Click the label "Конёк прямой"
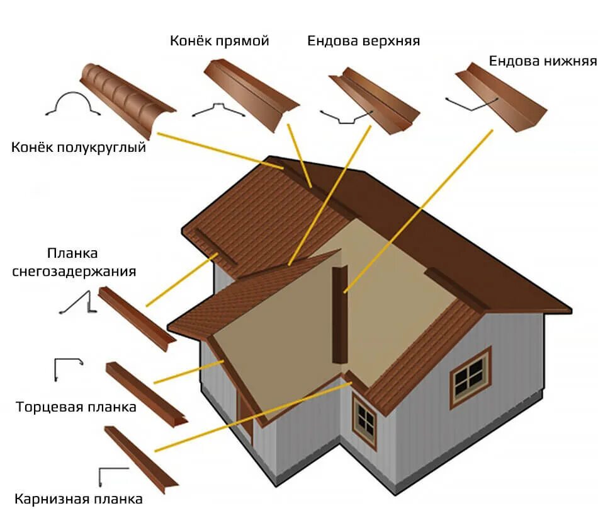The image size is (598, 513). pyautogui.click(x=219, y=42)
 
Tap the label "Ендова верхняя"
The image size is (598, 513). pyautogui.click(x=363, y=42)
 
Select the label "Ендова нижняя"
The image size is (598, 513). pyautogui.click(x=543, y=62)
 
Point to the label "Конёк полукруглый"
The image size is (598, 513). pyautogui.click(x=79, y=147)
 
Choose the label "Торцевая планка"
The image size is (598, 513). pyautogui.click(x=76, y=406)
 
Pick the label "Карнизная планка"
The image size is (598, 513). pyautogui.click(x=79, y=499)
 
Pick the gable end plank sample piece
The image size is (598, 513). pyautogui.click(x=145, y=394)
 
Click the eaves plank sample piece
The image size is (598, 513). pyautogui.click(x=141, y=461)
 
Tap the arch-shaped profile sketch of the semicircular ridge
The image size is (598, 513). pyautogui.click(x=74, y=103)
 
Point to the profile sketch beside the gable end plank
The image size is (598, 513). pyautogui.click(x=67, y=368)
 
